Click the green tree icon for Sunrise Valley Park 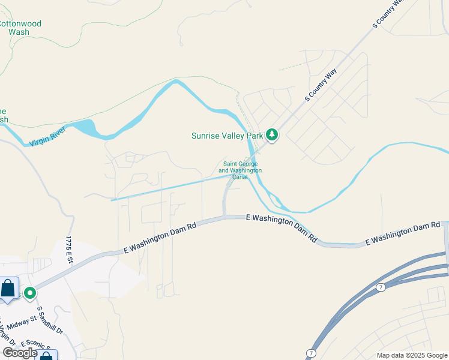(272, 135)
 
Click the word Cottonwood (19, 24)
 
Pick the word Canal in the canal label (240, 177)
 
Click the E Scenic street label (36, 345)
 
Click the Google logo (20, 353)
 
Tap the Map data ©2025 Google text (412, 355)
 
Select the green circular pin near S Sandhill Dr (29, 293)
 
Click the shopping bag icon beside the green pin (8, 289)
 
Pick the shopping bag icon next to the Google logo (47, 356)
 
